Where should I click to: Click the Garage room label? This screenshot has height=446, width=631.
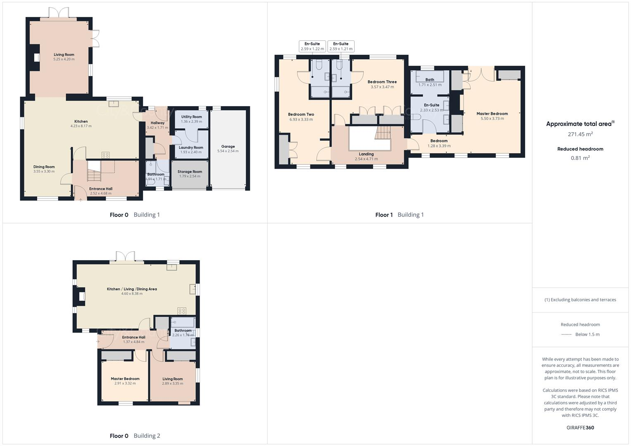point(228,147)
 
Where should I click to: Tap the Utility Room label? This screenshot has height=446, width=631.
point(191,117)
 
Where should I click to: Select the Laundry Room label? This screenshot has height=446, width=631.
point(191,147)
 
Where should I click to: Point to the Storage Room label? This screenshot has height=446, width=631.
point(190,172)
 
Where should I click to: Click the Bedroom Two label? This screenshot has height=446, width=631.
point(301,114)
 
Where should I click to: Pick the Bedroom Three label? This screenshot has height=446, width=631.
point(382,82)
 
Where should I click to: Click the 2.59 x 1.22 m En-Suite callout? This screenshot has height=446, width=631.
point(312,46)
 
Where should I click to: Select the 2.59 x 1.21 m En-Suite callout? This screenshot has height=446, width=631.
point(341,46)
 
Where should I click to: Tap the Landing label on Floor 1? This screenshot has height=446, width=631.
point(366,154)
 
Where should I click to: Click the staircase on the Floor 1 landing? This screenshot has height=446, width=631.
point(383,133)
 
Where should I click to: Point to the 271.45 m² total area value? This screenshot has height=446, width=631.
point(580,134)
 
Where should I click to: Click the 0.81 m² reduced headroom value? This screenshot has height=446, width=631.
point(580,158)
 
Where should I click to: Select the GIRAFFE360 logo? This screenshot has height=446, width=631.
point(580,427)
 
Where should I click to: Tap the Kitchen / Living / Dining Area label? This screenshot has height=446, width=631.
point(132,289)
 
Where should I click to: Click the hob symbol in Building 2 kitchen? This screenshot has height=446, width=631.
point(182,311)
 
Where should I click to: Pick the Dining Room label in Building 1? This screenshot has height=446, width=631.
point(44,167)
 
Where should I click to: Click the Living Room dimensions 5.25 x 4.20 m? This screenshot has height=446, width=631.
point(64,59)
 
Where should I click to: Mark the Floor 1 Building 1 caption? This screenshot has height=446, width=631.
point(399,215)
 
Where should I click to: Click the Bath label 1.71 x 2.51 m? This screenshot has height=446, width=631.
point(430,82)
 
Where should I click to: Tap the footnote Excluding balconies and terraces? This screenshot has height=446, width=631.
point(580,300)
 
